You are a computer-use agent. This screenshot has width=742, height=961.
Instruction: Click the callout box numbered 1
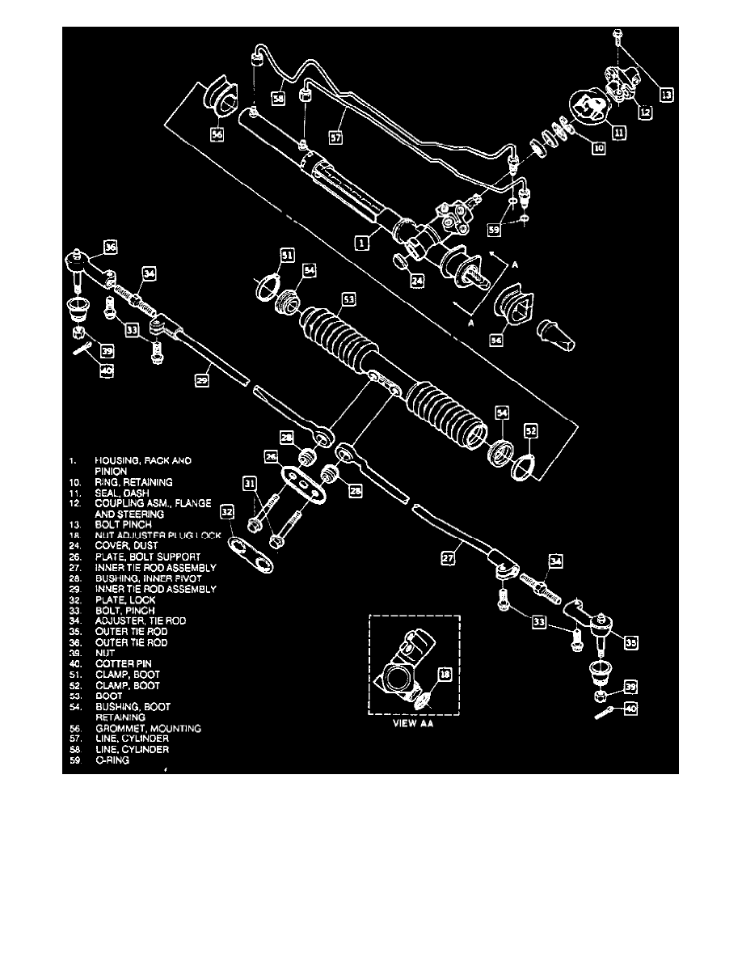click(363, 241)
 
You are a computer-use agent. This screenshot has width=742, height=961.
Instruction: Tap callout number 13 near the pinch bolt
click(667, 94)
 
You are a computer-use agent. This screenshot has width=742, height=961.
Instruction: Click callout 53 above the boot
click(348, 299)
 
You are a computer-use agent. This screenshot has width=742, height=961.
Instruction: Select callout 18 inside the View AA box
click(444, 673)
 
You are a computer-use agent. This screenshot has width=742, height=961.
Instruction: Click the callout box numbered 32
click(227, 511)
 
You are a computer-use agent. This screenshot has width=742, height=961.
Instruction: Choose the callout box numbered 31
click(251, 484)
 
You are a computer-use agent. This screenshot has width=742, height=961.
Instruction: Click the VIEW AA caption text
click(413, 724)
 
